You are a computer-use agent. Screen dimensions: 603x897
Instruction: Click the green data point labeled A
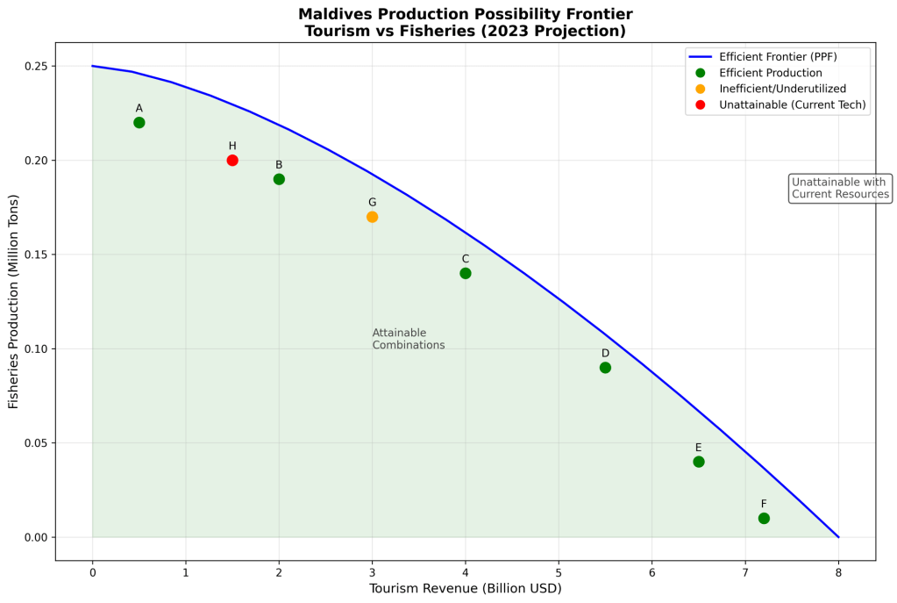[x=139, y=123]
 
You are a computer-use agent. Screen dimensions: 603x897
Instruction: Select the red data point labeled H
[x=232, y=161]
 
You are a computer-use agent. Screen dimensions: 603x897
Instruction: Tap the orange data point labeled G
[x=372, y=217]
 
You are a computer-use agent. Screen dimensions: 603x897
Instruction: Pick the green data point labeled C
[x=466, y=273]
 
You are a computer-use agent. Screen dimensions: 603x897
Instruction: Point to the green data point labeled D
[x=605, y=368]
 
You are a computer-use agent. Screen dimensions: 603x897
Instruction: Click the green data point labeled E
[x=699, y=462]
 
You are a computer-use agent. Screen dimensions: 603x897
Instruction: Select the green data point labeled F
[x=764, y=518]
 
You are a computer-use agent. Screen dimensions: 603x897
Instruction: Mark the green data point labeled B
[x=279, y=179]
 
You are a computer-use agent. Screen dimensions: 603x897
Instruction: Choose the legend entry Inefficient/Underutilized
[x=781, y=89]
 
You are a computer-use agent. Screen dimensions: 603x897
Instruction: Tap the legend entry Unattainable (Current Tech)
[x=793, y=104]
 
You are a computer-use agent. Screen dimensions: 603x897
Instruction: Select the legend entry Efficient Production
[x=771, y=73]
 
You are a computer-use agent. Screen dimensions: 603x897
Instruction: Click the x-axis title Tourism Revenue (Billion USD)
[x=465, y=589]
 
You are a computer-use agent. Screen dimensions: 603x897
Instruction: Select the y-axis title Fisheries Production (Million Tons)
[x=13, y=301]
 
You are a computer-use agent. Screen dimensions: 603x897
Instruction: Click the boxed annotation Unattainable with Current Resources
[x=840, y=188]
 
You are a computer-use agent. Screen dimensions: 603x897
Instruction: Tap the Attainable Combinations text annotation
[x=408, y=339]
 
